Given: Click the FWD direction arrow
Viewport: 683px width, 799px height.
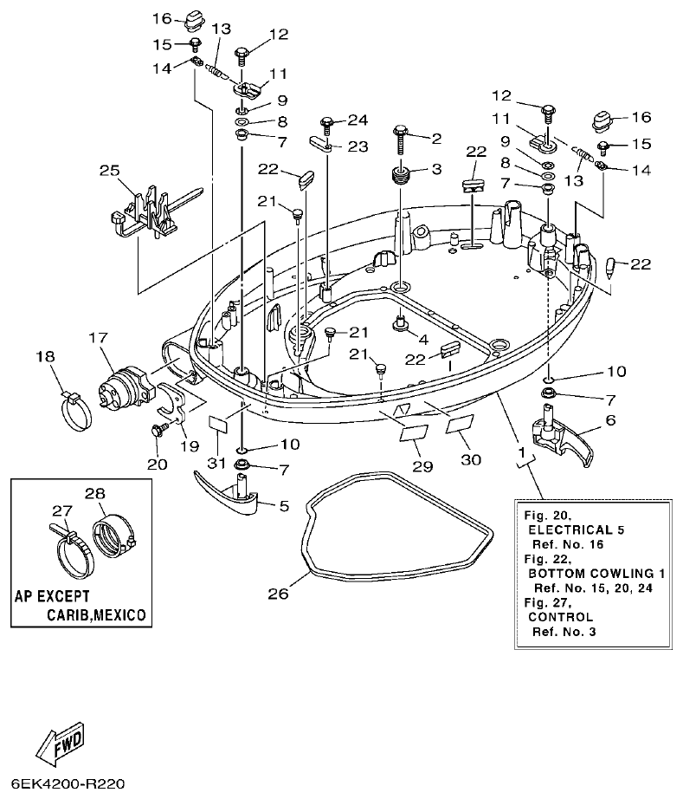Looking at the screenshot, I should pos(60,741).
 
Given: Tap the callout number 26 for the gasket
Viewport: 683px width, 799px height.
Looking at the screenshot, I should pos(276,594).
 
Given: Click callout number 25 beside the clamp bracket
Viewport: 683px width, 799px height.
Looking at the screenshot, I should pos(109,172).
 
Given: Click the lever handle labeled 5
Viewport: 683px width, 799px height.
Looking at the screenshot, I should pos(228,498).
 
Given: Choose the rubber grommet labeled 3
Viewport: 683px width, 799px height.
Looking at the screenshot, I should pos(400,178).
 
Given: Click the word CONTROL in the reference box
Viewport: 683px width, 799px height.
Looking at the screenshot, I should pos(560,616).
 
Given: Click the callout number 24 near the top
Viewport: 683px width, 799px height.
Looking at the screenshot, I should pos(358,120).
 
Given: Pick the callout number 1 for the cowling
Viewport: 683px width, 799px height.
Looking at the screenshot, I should pos(520,452).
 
